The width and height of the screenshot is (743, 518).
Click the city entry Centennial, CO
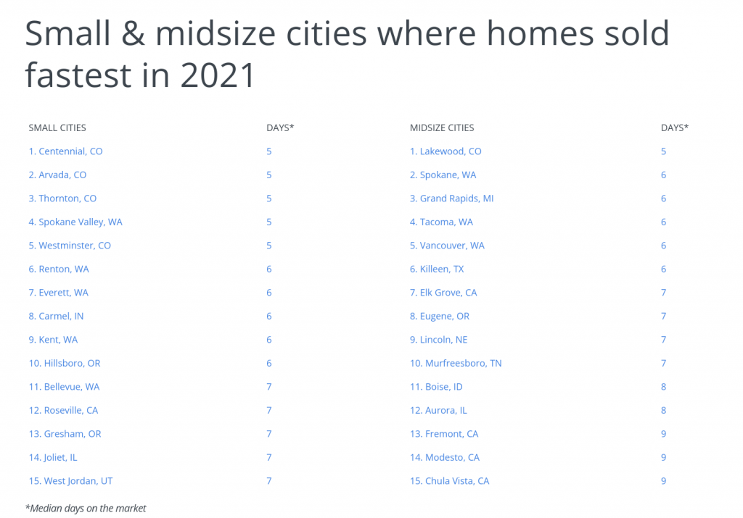click(65, 151)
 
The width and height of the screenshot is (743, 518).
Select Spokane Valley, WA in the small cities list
click(75, 222)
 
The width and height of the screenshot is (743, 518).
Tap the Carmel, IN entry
click(56, 316)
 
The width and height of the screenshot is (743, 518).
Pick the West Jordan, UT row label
click(70, 481)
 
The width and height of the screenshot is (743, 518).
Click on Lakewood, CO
click(446, 151)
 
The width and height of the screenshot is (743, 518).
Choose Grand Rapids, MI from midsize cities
click(451, 199)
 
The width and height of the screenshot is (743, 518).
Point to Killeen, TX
click(437, 270)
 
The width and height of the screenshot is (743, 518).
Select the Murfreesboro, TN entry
click(456, 363)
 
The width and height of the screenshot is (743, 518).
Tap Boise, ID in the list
click(436, 387)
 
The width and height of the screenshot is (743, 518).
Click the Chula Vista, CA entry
click(449, 481)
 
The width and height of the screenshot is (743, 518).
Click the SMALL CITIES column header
click(57, 128)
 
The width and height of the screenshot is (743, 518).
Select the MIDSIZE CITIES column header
click(442, 128)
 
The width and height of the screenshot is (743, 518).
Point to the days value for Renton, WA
click(268, 270)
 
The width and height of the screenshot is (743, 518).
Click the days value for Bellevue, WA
click(268, 387)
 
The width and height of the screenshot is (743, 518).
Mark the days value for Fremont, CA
click(663, 434)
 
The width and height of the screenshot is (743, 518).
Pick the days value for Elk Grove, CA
click(663, 293)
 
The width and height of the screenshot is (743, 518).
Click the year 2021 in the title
click(218, 75)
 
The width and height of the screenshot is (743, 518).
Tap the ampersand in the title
click(133, 33)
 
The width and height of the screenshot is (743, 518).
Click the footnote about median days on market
click(86, 509)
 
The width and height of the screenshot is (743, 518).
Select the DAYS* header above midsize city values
click(675, 128)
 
